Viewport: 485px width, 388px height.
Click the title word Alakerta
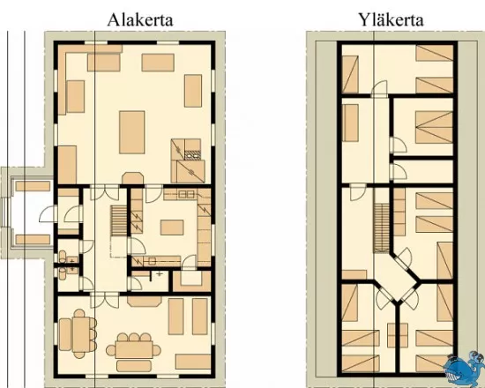point(140,20)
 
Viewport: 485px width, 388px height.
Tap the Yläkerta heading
point(391,20)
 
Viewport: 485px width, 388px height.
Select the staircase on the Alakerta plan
point(119,221)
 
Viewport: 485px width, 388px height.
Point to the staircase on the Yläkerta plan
point(381,228)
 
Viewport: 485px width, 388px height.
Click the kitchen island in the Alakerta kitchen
point(172,228)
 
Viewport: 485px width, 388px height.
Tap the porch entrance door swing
point(47,214)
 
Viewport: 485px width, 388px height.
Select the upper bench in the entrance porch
point(33,186)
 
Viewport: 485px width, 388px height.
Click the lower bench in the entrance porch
point(33,240)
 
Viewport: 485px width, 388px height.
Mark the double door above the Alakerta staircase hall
point(105,192)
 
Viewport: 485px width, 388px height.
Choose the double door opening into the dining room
point(105,301)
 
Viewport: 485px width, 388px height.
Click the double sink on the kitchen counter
point(186,195)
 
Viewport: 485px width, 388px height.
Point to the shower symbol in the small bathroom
point(160,274)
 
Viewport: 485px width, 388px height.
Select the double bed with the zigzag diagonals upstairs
point(434,127)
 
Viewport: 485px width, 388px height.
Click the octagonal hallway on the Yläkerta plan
point(396,277)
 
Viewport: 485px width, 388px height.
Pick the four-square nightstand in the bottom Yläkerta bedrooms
point(398,335)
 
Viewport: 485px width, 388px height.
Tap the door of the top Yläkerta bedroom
point(379,87)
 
